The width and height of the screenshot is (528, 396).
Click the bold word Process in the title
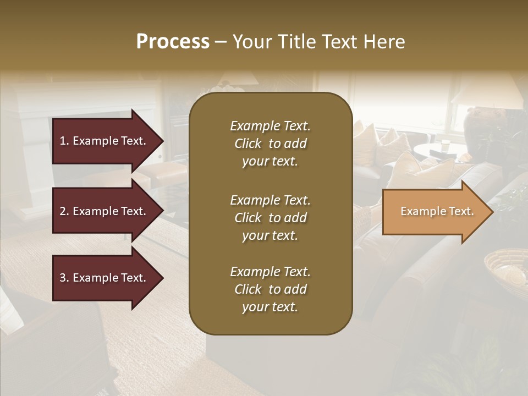pos(173,42)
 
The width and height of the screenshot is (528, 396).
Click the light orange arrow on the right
pos(435,212)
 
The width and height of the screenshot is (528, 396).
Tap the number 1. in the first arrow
pos(64,141)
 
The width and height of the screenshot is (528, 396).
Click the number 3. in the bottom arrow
pos(64,278)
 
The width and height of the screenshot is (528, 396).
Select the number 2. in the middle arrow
pos(64,211)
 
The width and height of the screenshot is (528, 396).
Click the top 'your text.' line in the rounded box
pos(269,162)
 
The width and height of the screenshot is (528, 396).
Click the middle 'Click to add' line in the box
pos(270,218)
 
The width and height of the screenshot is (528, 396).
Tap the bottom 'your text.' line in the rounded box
pos(269,307)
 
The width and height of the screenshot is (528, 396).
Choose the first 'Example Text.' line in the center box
pos(270,126)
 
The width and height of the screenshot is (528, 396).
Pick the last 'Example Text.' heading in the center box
pos(270,272)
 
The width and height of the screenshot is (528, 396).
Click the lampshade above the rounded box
pos(242,78)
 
